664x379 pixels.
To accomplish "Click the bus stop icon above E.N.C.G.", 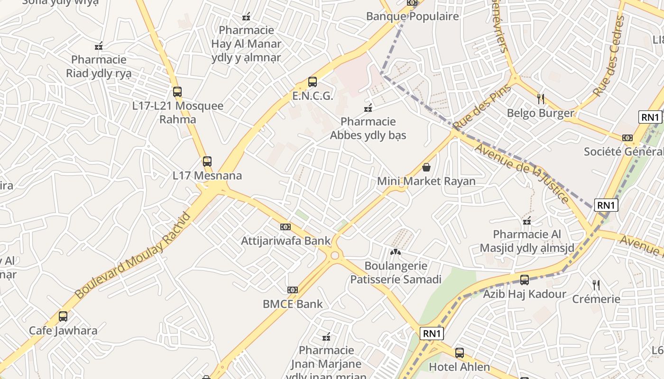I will coord(312,82).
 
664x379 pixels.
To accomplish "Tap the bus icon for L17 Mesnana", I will coord(207,161).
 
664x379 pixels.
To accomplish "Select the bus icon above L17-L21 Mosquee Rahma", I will coord(177,92).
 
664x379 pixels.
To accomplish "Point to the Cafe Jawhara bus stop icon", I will coord(63,316).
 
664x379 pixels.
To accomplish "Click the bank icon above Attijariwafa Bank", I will coord(285,227).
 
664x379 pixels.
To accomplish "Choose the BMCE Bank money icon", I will coord(293,290).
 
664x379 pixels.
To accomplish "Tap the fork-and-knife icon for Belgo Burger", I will coord(541,99).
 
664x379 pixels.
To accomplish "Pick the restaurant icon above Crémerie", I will coord(596,285).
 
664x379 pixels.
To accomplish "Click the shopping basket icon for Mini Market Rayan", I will coord(426,167).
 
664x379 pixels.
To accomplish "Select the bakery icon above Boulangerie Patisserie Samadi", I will coord(396,252).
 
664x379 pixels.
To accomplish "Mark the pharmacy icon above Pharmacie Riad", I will coord(99,46).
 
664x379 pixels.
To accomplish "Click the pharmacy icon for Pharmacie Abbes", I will coord(368,108).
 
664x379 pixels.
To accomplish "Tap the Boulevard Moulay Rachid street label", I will coord(133,256).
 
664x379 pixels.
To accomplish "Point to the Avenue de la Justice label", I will coord(522,173).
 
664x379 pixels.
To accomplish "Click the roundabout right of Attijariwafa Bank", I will coord(335,255).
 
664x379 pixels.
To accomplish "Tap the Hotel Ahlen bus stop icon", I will coord(459,353).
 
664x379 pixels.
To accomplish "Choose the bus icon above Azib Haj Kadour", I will coord(525,280).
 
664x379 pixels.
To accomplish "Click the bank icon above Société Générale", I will coord(627,138).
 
